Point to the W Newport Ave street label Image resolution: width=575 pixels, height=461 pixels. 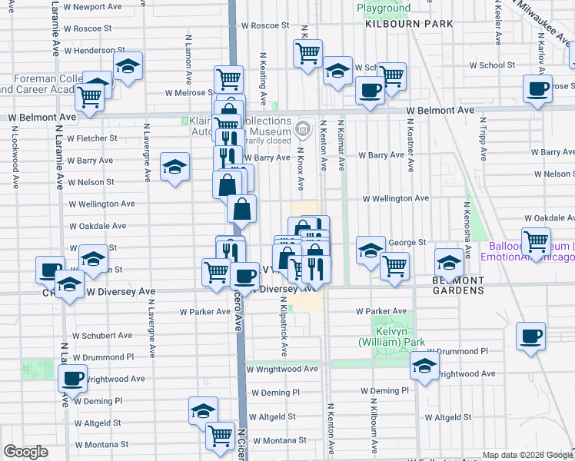(92, 6)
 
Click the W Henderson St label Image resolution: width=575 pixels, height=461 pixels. (90, 50)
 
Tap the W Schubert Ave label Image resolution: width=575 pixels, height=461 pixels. (102, 336)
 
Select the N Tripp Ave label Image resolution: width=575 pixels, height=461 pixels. (484, 138)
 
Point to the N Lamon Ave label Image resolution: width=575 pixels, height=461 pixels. (188, 59)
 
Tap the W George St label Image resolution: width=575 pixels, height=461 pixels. (407, 243)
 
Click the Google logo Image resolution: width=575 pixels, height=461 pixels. (25, 452)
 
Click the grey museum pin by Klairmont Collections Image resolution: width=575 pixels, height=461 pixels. (303, 127)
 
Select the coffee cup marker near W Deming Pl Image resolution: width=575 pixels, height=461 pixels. (73, 380)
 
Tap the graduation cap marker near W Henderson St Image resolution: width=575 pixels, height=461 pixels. (128, 68)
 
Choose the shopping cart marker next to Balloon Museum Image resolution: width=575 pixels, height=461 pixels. (536, 243)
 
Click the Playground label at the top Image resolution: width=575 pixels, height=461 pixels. (383, 8)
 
